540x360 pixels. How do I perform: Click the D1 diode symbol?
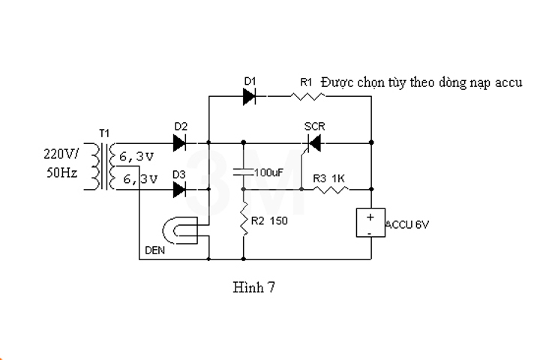[250, 96]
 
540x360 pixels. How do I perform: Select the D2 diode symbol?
[180, 141]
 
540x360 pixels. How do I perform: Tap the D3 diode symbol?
[180, 190]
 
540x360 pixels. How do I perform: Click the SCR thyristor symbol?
[314, 142]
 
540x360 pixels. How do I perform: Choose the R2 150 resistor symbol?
[244, 222]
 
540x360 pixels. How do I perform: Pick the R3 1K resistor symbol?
[331, 190]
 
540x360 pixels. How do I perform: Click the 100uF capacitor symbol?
[244, 172]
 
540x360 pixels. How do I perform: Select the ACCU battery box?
[370, 223]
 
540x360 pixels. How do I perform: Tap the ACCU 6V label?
[409, 224]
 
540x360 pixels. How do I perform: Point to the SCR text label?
[314, 125]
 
